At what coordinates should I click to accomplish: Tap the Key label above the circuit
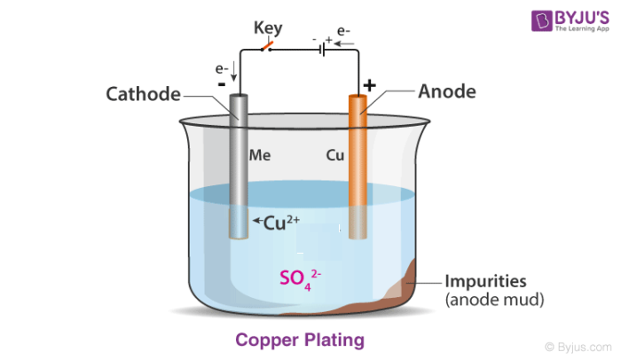[268, 27]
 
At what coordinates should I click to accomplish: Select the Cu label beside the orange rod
[335, 154]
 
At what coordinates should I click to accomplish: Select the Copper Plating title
[299, 340]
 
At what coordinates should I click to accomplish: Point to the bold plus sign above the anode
[369, 85]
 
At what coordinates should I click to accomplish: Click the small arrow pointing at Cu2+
[256, 222]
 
